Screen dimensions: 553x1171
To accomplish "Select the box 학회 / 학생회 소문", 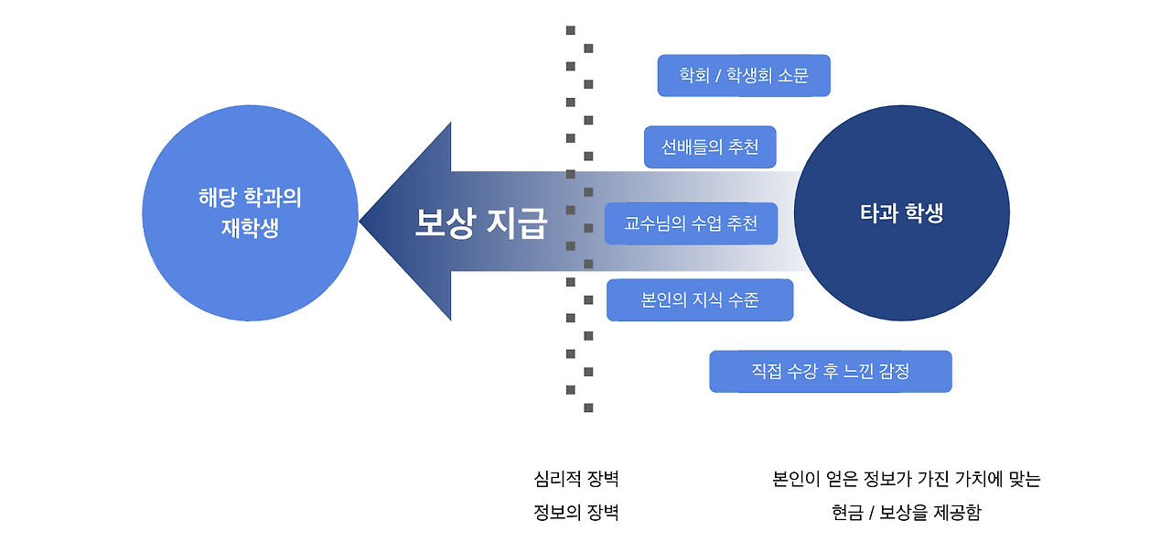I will coord(744,76).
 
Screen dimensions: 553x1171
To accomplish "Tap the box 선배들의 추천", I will coord(710,147).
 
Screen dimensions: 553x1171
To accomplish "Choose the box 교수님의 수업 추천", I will coord(691,223).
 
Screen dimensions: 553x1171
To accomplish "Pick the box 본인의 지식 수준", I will coord(700,300).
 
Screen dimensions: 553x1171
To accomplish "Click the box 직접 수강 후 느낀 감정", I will coord(830,372).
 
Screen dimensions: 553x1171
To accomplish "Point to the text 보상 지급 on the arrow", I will coord(480,222).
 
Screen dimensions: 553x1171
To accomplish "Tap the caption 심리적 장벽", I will coord(576,480).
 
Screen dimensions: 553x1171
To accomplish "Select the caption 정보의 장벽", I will coord(576,513).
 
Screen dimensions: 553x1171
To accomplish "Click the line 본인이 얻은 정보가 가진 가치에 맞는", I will coord(907,480).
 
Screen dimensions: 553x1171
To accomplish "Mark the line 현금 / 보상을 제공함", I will coord(907,513).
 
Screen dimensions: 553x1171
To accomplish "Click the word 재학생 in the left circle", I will coord(250,228).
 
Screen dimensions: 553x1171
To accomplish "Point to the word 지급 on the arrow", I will coord(516,222).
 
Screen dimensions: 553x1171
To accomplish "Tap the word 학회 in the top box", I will coord(694,76).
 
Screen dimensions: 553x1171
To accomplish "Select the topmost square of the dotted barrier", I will coord(571,30).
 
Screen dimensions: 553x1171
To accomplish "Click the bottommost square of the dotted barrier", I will coord(588,407).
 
